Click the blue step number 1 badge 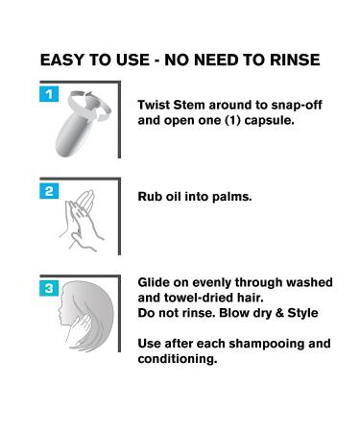[49, 94]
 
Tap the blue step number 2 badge [49, 191]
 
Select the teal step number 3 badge [49, 288]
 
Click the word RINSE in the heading [295, 60]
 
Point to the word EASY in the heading [61, 60]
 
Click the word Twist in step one [154, 105]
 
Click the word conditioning [178, 359]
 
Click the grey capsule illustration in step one [83, 124]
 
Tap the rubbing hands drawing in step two [81, 221]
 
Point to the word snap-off [297, 106]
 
